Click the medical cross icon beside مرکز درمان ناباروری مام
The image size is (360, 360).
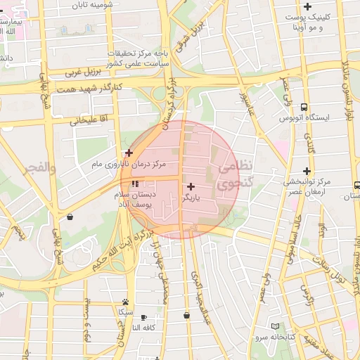[129, 152]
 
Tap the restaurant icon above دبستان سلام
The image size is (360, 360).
[134, 184]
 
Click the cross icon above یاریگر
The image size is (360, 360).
[191, 186]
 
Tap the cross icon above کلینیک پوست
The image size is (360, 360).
[307, 6]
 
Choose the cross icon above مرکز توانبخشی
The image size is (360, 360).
[307, 171]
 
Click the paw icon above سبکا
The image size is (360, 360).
[125, 301]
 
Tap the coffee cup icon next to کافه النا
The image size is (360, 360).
[144, 317]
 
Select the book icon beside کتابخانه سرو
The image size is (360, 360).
[275, 327]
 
